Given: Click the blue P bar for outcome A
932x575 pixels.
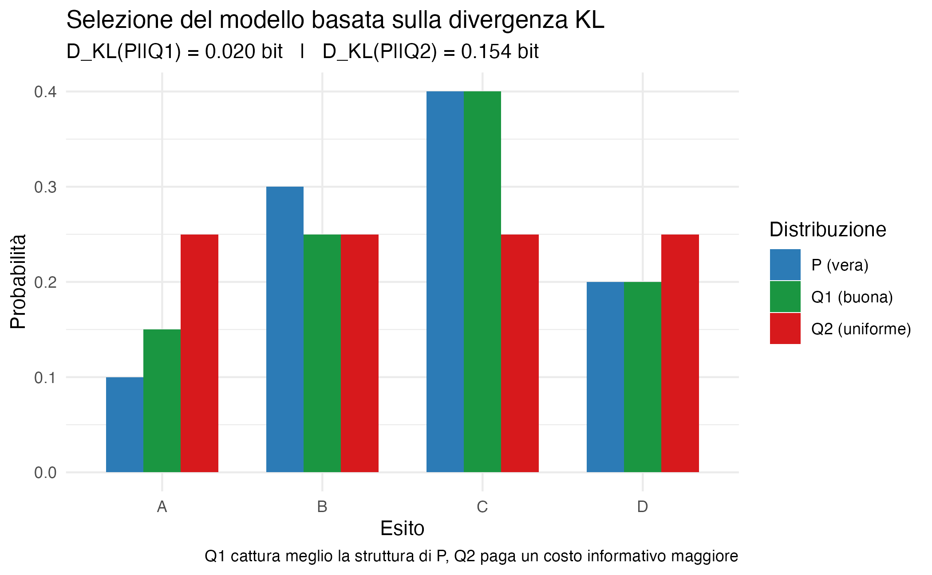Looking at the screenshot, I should pos(125,425).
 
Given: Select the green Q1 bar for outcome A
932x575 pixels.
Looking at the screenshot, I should pos(162,401).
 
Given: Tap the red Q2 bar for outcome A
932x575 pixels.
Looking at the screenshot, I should pos(199,353).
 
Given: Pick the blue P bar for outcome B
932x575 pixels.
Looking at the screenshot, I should pos(285,329).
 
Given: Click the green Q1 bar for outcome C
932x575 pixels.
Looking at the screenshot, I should pos(482,282).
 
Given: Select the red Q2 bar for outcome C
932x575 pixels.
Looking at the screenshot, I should pos(520,353).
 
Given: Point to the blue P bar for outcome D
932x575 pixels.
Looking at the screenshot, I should pos(605,377).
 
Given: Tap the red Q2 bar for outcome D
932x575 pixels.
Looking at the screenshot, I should pos(680,353).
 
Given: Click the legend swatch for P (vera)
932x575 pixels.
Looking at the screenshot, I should pos(785,265).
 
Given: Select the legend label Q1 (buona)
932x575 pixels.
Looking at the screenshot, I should pos(852,297).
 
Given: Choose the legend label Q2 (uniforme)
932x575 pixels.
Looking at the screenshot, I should pos(861,329).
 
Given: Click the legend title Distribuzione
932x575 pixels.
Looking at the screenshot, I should pos(828,230).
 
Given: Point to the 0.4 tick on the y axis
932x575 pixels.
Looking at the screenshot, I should pos(45,92).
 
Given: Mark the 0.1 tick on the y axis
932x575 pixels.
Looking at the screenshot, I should pos(45,377).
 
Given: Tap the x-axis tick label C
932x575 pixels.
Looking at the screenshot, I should pos(482,506).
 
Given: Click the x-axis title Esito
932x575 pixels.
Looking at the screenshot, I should pos(402,528).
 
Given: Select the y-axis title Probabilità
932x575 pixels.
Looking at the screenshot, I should pos(18,282).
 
